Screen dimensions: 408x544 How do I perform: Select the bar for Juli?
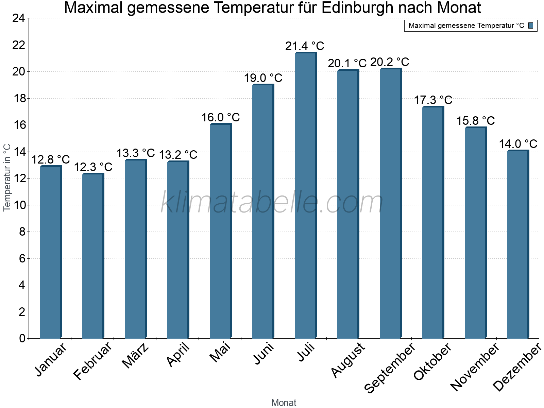[x=305, y=195]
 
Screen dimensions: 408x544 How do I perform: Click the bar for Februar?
[x=92, y=256]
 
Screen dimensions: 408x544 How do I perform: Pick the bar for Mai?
[x=220, y=231]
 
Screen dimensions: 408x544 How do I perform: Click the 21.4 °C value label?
[x=305, y=46]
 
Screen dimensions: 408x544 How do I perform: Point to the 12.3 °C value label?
[x=93, y=167]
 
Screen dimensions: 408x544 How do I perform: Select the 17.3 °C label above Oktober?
[x=433, y=100]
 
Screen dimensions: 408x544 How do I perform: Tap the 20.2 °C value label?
[x=390, y=62]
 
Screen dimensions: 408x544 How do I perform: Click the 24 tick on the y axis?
[x=19, y=18]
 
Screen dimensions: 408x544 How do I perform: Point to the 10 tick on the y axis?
[x=19, y=205]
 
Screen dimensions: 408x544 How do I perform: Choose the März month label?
[x=135, y=356]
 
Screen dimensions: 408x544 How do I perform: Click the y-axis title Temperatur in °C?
[x=7, y=177]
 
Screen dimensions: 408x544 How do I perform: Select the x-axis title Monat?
[x=284, y=403]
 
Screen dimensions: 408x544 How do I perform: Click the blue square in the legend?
[x=531, y=26]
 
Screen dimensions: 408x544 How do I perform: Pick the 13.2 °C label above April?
[x=178, y=155]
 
